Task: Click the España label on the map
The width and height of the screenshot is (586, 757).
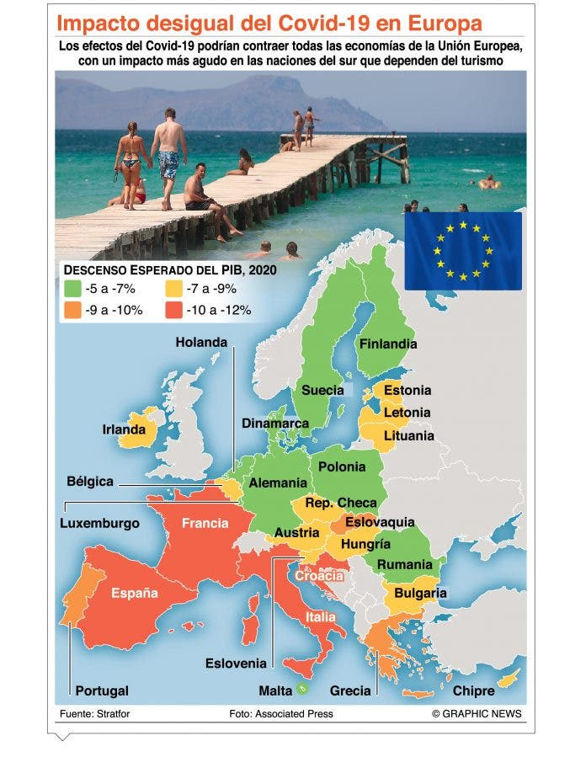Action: coord(135,594)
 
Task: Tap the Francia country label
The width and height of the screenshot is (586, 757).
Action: coord(205,523)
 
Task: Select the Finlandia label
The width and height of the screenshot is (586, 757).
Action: coord(387,344)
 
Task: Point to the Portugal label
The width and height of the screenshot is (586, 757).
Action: coord(102,690)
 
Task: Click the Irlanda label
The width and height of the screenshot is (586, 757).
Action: coord(125,429)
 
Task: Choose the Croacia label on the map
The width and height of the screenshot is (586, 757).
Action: coord(319,576)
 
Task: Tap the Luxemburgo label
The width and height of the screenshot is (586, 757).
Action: coord(100,523)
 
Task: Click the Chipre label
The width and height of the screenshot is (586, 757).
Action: coord(474,690)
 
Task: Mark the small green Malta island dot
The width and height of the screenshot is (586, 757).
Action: coord(301,690)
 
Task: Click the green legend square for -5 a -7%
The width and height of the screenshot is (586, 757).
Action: coord(72,288)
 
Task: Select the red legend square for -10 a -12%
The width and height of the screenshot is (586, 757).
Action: coord(173,309)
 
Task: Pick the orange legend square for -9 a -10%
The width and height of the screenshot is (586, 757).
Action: coord(72,309)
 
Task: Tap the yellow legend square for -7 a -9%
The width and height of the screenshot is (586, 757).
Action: coord(173,288)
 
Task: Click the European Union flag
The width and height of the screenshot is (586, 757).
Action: coord(462,251)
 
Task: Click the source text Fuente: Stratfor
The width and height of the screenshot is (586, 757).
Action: coord(94,713)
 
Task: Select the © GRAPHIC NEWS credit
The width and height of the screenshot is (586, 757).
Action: coord(477,713)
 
